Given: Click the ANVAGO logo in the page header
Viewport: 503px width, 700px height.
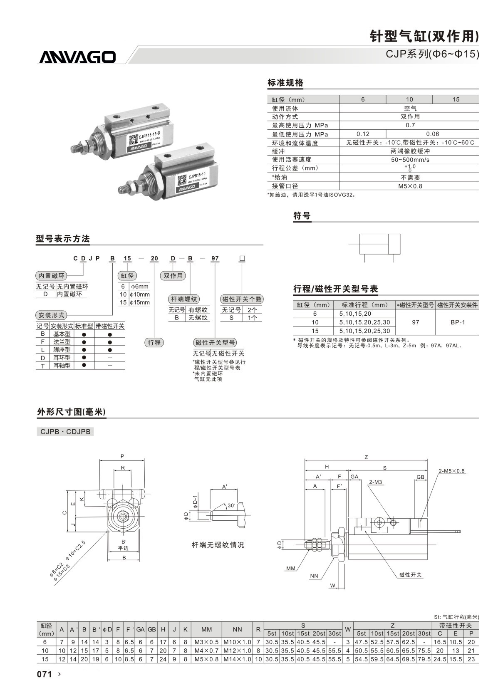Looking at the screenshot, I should pos(77,57).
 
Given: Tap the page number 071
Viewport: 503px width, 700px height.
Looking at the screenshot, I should pos(45,674).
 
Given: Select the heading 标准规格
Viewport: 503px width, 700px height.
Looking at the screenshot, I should pos(285,83).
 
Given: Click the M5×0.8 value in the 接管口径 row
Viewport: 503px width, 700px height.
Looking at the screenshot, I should pos(410,186).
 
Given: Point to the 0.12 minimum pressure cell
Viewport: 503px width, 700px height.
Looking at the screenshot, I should pos(363,134).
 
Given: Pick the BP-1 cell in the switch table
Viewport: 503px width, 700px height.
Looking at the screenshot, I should pos(458,322).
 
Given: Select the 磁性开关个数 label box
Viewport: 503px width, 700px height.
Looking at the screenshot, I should pos(242,299).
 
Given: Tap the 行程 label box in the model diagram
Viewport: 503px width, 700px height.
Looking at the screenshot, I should pos(154,342).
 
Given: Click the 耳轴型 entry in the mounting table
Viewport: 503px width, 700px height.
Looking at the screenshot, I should pos(62,366).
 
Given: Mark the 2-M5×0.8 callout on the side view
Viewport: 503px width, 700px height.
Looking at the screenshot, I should pos(451,471).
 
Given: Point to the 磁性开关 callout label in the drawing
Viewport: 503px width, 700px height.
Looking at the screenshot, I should pos(411,575).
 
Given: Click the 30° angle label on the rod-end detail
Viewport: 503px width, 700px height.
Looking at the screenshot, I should pos(231,505).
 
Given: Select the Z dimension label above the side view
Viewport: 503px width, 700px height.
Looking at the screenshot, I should pos(366,457).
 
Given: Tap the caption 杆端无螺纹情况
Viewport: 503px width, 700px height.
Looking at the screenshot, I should pos(218,545).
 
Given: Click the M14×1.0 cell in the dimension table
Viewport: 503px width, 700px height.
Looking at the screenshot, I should pos(237,659).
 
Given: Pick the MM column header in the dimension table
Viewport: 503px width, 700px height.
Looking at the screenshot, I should pos(206,629).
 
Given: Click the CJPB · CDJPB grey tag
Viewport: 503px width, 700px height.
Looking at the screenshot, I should pos(65,432).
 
